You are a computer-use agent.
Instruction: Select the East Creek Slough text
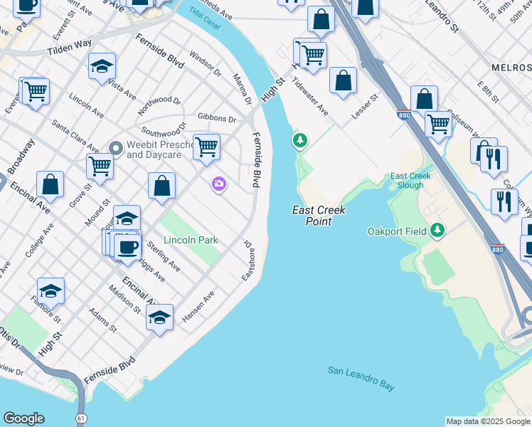point(407,181)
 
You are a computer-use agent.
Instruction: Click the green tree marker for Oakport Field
point(439,231)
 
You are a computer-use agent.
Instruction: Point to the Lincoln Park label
point(191,241)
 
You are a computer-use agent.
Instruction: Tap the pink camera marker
point(218,184)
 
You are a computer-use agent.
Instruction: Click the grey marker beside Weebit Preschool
point(116,148)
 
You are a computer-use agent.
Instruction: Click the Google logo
point(23,418)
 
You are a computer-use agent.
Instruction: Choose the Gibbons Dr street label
point(217,118)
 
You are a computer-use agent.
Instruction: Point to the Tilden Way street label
point(69,48)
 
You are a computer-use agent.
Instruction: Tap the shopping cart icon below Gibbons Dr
point(206,147)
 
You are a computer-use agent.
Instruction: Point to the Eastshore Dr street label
point(248,260)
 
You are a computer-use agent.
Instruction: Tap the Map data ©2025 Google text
point(487,421)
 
